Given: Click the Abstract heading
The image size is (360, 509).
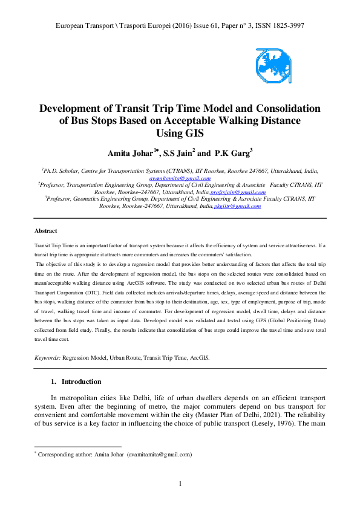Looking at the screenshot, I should (x=45, y=231).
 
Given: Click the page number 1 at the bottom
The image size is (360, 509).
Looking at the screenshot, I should (x=180, y=483).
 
